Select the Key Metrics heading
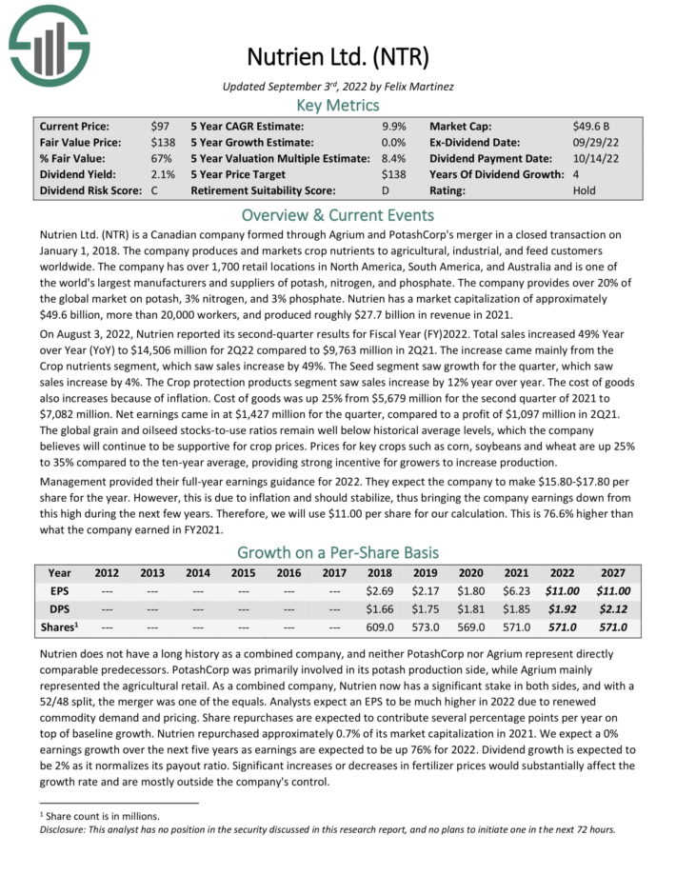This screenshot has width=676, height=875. pos(338,105)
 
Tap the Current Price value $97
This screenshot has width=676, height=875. pos(161,126)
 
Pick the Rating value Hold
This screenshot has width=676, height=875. pos(586,190)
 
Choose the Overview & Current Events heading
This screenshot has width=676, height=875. pos(338,214)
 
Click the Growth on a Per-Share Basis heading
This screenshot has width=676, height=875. pos(338,552)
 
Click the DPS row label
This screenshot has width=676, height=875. pos(59,609)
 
